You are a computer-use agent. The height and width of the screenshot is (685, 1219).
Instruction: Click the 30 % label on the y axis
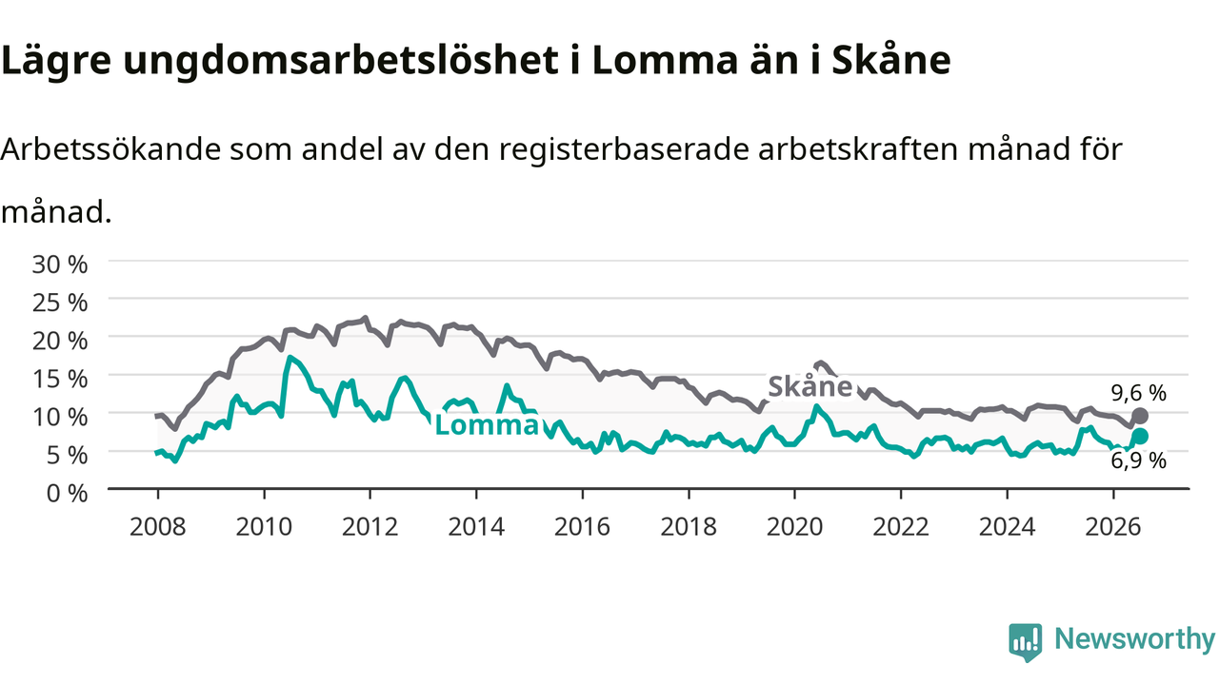point(60,264)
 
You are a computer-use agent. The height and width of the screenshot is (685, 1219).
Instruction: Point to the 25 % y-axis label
point(60,303)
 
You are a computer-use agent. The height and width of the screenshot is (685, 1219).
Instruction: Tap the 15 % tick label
point(60,379)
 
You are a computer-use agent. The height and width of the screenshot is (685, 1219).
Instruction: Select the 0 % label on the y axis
point(67,494)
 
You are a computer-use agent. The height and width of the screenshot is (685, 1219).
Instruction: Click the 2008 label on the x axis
point(158,527)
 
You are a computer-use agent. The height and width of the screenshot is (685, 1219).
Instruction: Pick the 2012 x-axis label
point(370,527)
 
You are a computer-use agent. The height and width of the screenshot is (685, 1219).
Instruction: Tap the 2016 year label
point(582,527)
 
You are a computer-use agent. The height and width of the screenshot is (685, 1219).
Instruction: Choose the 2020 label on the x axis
point(794,527)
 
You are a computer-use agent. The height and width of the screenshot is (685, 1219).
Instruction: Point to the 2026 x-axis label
point(1113,527)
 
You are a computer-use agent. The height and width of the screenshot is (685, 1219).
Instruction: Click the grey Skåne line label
point(809,386)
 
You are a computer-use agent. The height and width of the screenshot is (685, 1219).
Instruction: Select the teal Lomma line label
point(487,425)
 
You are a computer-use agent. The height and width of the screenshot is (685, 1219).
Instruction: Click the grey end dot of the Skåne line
point(1140,416)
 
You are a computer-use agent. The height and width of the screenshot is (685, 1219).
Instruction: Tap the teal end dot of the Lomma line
point(1140,436)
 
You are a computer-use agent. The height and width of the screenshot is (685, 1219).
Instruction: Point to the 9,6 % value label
point(1138,393)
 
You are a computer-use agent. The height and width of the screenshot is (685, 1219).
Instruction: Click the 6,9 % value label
point(1138,461)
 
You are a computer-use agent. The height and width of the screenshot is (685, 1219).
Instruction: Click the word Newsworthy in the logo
point(1135,638)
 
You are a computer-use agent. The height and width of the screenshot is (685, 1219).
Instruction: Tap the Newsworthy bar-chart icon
point(1026,642)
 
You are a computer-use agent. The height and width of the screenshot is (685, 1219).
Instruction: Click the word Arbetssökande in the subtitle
point(110,149)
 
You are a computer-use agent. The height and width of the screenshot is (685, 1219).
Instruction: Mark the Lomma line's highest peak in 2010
point(290,357)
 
